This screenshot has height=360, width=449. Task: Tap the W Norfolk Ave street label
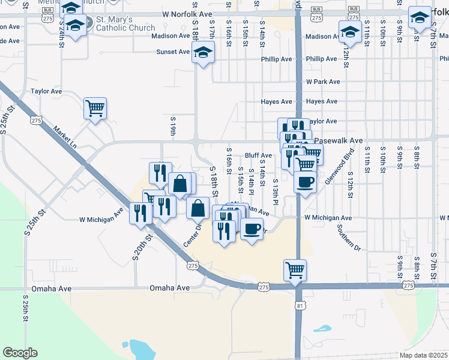187,13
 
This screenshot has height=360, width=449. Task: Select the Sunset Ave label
173,52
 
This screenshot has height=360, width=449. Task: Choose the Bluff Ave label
258,155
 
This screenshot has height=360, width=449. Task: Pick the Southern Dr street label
348,238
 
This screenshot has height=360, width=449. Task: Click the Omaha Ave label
170,288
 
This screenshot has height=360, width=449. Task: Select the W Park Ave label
323,82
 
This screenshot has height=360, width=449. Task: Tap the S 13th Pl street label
275,191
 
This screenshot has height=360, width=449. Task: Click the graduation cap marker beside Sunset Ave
203,53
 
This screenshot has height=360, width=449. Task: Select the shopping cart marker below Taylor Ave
95,108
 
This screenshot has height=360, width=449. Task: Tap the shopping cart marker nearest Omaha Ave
295,270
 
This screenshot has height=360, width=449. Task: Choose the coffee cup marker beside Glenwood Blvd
305,181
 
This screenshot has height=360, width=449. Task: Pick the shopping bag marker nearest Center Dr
197,209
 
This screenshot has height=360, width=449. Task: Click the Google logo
20,353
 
